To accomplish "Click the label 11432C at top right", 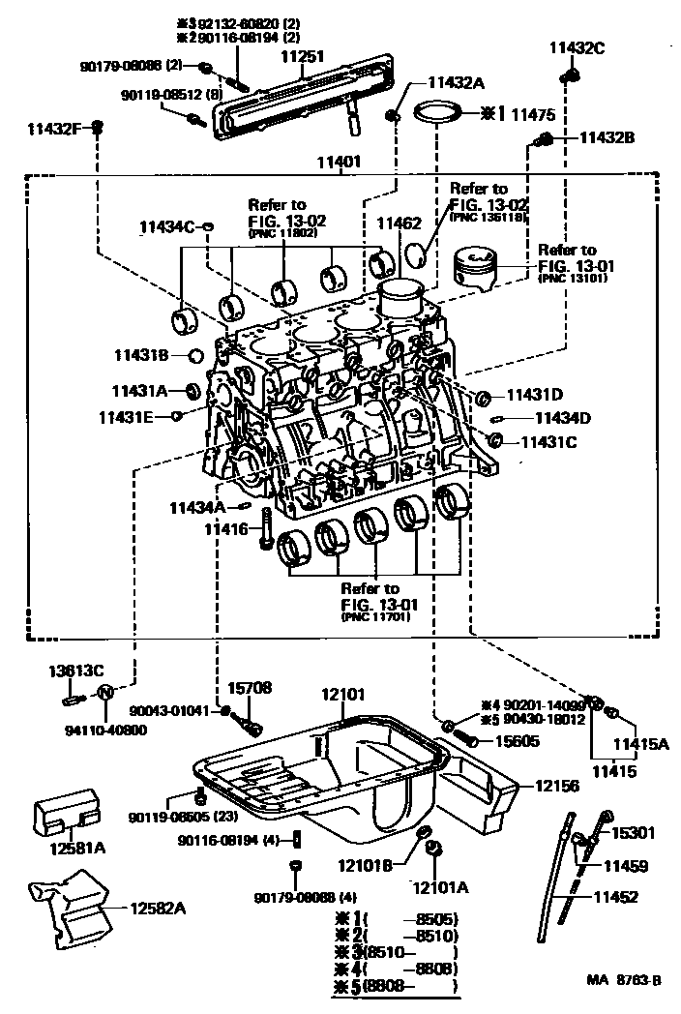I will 577,47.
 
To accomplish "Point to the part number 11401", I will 331,164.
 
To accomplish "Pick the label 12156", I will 557,787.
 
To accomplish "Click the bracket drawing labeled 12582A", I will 73,906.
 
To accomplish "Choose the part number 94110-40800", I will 106,731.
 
